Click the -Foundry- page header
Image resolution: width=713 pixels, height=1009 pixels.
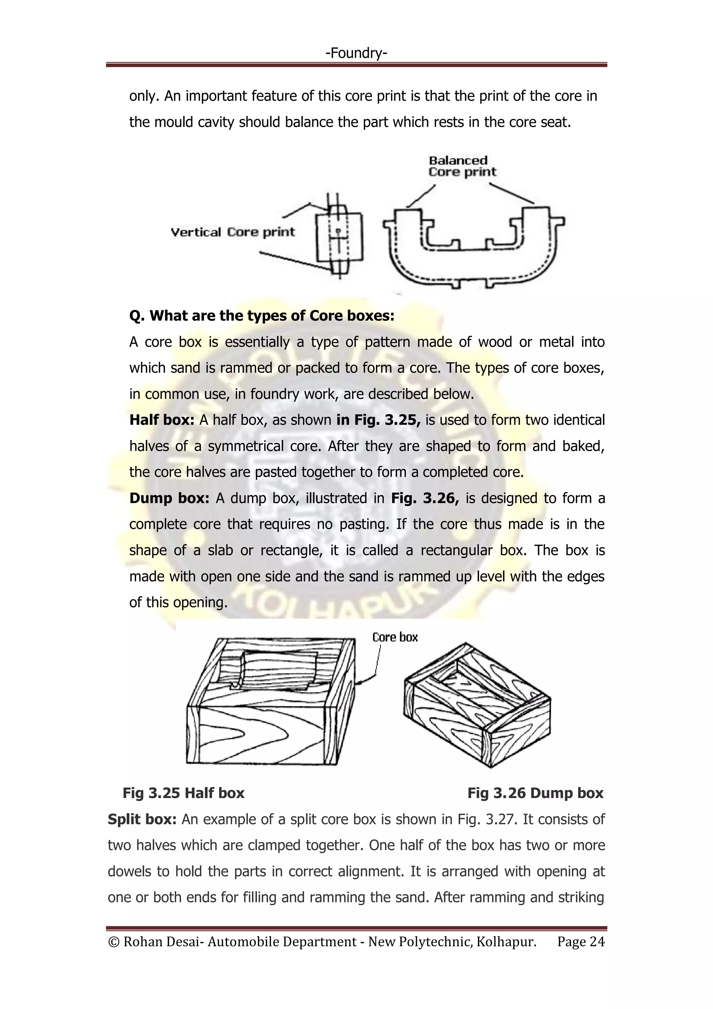(356, 53)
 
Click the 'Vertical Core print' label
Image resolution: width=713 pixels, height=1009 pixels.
(232, 232)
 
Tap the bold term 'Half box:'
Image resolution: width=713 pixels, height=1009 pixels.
(162, 420)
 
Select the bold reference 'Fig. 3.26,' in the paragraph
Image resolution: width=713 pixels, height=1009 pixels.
(424, 498)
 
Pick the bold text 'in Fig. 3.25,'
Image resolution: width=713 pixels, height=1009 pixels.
(378, 420)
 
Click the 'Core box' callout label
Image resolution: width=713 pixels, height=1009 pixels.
(395, 637)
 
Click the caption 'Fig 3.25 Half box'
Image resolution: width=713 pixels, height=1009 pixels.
(183, 793)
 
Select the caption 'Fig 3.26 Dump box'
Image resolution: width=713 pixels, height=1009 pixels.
(535, 793)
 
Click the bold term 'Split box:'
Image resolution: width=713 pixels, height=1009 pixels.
(142, 819)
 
